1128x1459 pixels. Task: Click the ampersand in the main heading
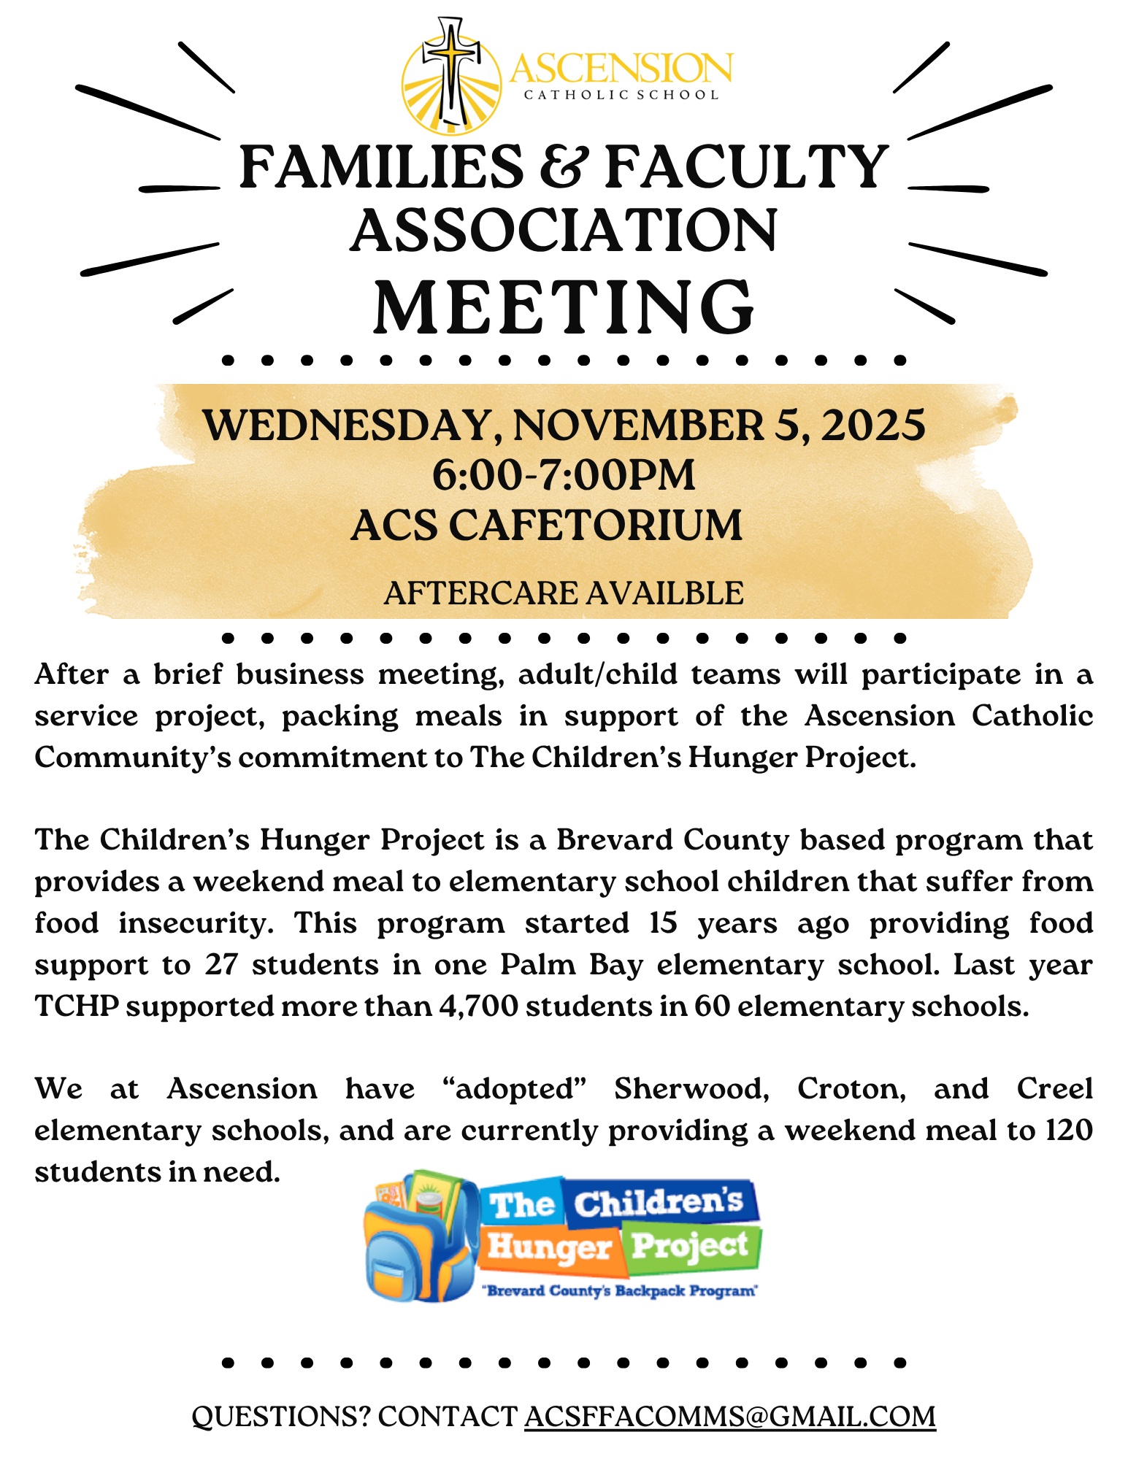(564, 167)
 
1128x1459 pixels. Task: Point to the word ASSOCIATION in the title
(564, 231)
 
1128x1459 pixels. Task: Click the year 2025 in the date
(873, 425)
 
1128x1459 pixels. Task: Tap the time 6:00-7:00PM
(564, 475)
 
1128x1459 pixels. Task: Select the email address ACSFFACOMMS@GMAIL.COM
(730, 1417)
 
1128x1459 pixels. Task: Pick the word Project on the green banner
(690, 1245)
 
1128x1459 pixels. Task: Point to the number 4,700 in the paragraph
(478, 1006)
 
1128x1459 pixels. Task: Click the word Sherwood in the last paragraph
(691, 1089)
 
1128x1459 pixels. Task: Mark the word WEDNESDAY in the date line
(349, 425)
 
